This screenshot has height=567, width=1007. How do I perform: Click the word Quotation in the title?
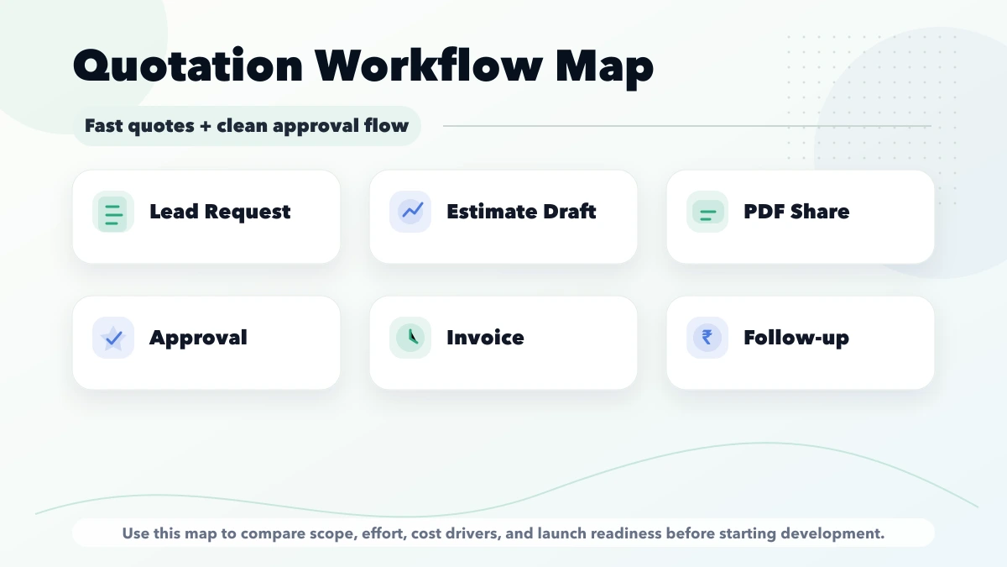[x=188, y=66]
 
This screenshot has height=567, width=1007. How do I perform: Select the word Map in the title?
[x=604, y=66]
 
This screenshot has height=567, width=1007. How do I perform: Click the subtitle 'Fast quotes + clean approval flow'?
[x=246, y=126]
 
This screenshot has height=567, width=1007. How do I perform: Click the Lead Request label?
[x=220, y=212]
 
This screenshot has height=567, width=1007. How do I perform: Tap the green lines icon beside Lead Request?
[x=112, y=212]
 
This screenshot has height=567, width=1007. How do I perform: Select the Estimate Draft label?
[x=521, y=212]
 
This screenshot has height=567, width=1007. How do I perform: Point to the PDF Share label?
[x=796, y=212]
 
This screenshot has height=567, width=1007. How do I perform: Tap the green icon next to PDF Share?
[x=707, y=212]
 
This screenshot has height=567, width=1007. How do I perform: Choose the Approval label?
[x=198, y=338]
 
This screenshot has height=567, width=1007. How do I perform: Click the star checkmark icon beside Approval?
[x=112, y=338]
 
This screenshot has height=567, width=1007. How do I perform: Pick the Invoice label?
[x=485, y=338]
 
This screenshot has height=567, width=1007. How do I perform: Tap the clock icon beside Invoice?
[x=410, y=338]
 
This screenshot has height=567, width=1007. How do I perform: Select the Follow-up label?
[x=796, y=338]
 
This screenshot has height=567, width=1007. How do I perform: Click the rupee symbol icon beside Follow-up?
[x=707, y=338]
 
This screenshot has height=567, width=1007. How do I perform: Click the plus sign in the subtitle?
[x=204, y=127]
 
